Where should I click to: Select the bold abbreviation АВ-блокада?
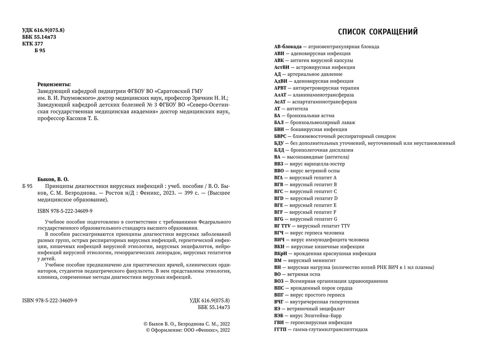288,47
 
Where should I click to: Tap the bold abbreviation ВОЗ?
279,281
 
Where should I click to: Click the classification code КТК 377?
32,44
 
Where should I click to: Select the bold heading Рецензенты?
54,84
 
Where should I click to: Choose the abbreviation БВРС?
280,136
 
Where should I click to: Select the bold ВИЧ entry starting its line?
279,240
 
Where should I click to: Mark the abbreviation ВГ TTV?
283,226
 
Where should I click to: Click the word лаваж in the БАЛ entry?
348,123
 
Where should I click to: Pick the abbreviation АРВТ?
280,88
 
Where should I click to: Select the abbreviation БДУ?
279,143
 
